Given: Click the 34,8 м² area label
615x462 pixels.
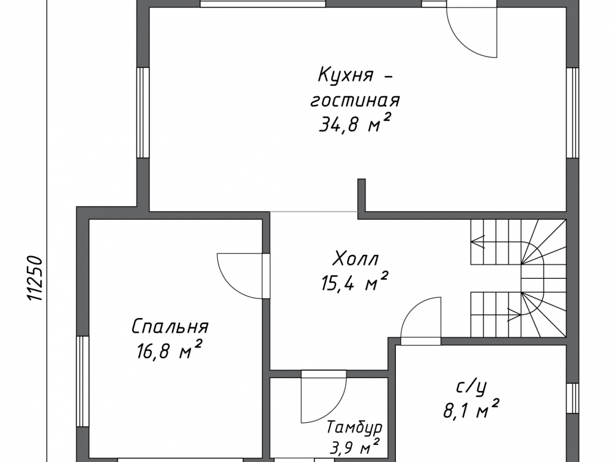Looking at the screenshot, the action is pos(355,124).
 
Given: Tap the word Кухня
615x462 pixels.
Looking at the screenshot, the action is pos(346,75).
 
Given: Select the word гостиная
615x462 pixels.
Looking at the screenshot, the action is pos(355,101).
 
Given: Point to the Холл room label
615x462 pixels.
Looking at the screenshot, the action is pos(356,259).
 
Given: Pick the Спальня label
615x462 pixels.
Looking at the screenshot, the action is pos(170,327).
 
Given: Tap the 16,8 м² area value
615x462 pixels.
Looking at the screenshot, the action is pos(170,350).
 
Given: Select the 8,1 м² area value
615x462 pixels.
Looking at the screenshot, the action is pos(471,411).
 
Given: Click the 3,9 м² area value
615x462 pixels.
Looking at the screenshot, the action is pos(355,447).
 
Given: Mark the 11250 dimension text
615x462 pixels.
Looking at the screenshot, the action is pos(35,279).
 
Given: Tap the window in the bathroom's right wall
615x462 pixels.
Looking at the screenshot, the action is pos(573,398).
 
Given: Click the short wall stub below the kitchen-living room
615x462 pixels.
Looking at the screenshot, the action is pos(362,195).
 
